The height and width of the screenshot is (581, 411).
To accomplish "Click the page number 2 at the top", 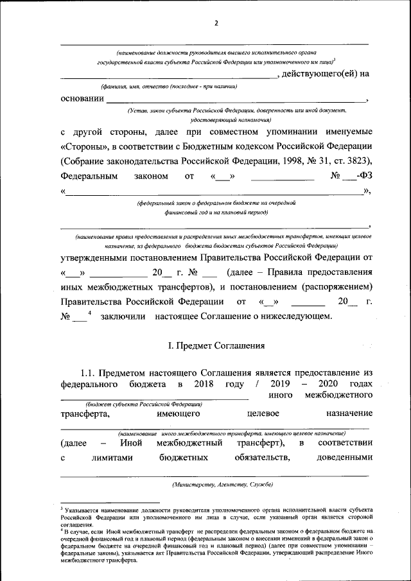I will click(x=216, y=24).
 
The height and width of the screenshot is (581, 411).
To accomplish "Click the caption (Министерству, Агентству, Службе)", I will click(x=218, y=483).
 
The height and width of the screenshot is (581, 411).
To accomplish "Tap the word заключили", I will click(x=123, y=316).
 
